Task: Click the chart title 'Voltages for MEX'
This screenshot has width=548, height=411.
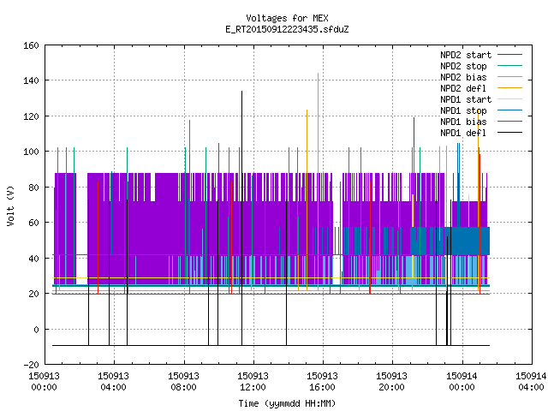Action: click(x=287, y=18)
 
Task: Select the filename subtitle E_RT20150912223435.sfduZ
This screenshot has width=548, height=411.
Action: click(x=287, y=29)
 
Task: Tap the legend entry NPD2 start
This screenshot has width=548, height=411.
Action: click(x=466, y=55)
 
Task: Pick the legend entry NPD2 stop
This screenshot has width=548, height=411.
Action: click(x=463, y=66)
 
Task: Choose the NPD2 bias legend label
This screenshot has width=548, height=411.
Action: click(x=463, y=77)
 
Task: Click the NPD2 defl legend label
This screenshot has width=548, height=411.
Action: click(x=463, y=88)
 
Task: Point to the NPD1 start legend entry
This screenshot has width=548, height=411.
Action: click(x=466, y=99)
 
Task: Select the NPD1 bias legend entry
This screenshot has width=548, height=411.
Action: click(x=463, y=122)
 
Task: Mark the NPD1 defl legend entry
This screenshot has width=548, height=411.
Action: click(x=463, y=134)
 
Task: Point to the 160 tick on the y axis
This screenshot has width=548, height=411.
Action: click(x=31, y=45)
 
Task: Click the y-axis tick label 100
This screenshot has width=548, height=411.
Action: click(x=31, y=152)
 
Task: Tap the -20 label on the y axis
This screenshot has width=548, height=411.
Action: click(x=31, y=365)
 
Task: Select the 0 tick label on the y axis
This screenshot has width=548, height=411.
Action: click(x=36, y=329)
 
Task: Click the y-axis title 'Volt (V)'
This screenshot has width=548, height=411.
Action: click(x=11, y=205)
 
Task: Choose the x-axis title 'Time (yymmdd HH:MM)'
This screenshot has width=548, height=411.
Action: click(x=287, y=403)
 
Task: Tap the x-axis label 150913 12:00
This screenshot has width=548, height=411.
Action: click(x=253, y=382)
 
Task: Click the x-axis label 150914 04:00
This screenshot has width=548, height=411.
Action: click(x=531, y=382)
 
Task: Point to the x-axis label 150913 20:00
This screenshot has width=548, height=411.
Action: click(x=391, y=382)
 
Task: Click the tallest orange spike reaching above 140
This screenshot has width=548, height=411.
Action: click(x=318, y=182)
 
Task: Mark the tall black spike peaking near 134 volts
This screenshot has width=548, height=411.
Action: click(x=241, y=218)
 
